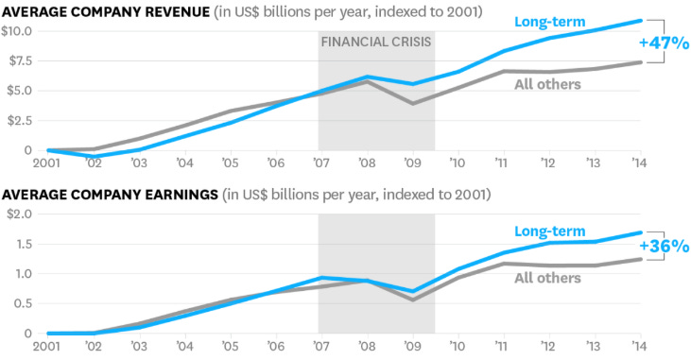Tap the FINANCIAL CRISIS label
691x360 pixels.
[x=376, y=42]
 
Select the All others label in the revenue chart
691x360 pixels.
[x=547, y=85]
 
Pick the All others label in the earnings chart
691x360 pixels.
[x=547, y=278]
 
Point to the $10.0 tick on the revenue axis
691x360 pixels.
[x=17, y=31]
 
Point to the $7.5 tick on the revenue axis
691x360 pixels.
[x=19, y=61]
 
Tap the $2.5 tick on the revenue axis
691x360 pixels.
[x=19, y=121]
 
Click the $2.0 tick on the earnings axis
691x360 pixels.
[x=17, y=214]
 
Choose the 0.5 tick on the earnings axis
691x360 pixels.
[x=21, y=304]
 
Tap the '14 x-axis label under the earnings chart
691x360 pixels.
[x=639, y=346]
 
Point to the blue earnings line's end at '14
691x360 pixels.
[x=641, y=232]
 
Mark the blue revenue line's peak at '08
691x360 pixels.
[x=365, y=77]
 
